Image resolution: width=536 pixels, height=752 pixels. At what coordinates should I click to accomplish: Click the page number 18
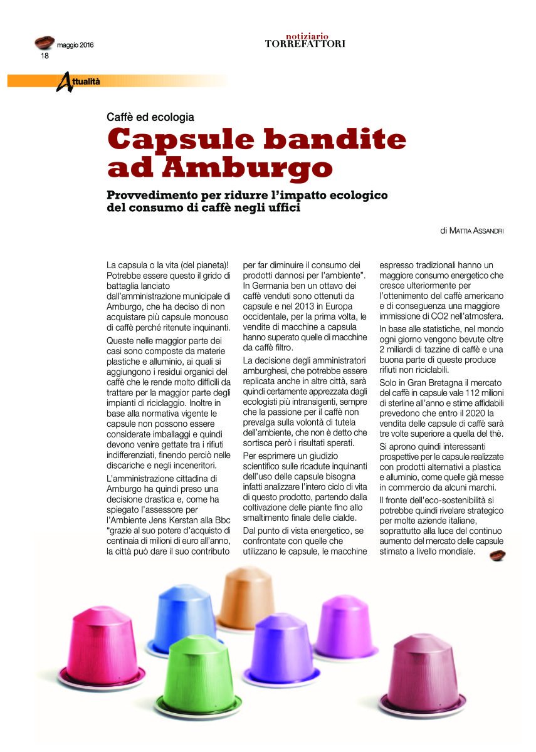point(45,56)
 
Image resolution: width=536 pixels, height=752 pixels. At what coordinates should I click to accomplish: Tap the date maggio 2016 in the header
point(75,45)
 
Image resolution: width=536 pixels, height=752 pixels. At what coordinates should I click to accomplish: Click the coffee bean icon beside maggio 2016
point(45,43)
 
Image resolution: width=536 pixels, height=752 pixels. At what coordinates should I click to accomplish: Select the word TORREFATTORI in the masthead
point(305,44)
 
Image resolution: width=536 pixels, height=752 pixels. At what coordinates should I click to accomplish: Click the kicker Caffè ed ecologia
point(150,117)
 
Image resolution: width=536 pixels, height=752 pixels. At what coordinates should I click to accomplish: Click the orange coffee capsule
point(248,598)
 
